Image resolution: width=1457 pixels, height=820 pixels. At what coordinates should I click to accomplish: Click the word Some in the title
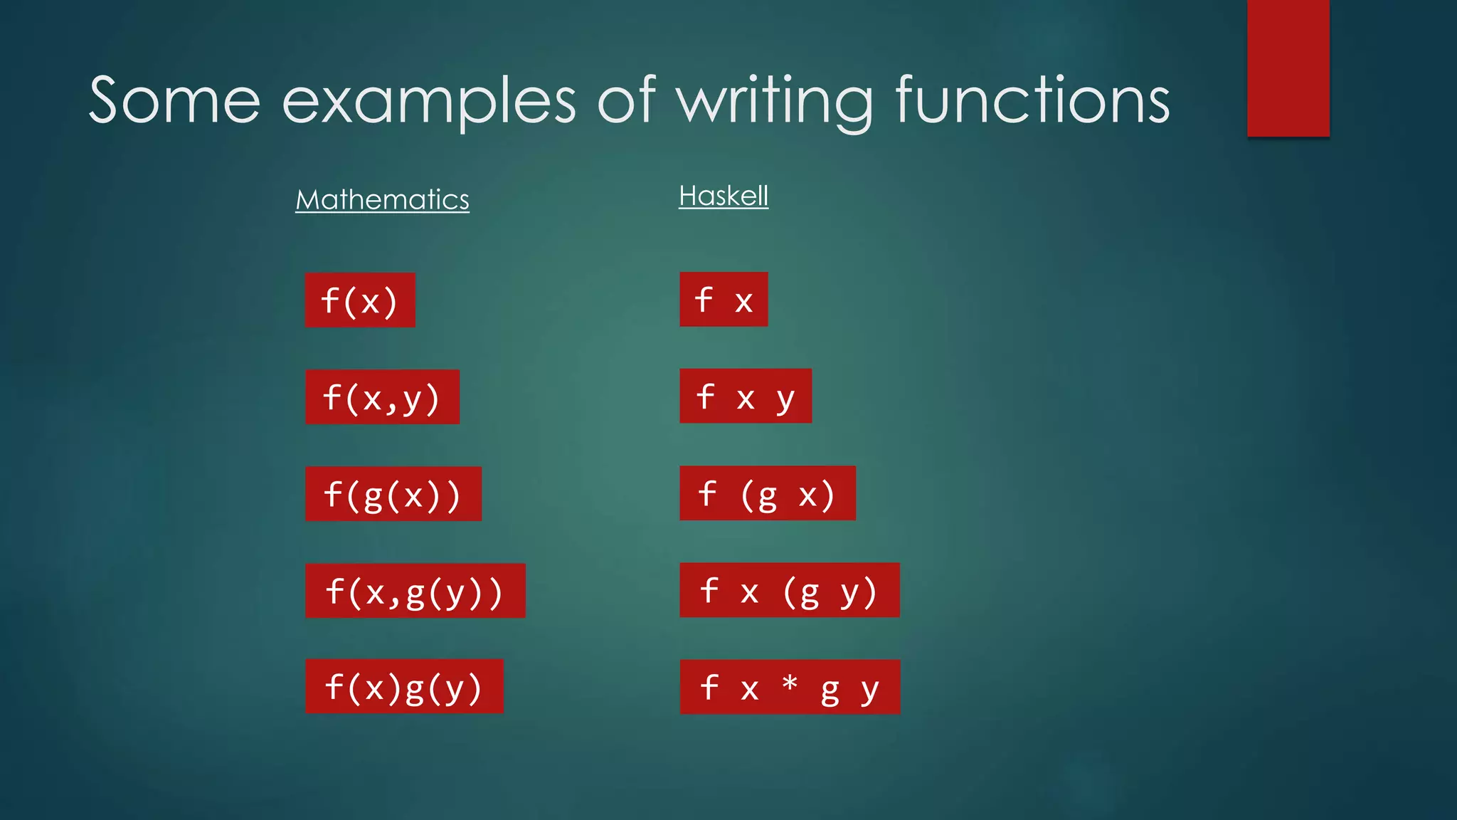[x=174, y=101]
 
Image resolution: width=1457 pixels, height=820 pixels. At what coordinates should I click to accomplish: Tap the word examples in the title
[x=428, y=101]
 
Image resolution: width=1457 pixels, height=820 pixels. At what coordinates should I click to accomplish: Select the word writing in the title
[x=773, y=101]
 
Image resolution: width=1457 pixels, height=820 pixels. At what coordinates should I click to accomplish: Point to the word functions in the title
[x=1032, y=101]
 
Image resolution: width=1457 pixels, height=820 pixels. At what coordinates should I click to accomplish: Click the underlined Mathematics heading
[x=382, y=199]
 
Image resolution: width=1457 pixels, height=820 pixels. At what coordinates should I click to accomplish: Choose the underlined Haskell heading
[x=724, y=196]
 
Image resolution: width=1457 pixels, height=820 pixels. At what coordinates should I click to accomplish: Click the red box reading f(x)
[x=360, y=300]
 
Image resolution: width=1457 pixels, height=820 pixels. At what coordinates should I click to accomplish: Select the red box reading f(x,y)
[x=382, y=397]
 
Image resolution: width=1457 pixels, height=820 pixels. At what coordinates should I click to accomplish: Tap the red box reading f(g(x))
[x=393, y=494]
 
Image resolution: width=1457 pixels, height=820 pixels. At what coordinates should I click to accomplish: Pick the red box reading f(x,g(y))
[x=415, y=591]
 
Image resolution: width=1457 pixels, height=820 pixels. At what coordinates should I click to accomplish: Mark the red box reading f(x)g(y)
[x=404, y=687]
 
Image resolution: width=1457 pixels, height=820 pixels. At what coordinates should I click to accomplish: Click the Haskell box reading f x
[x=724, y=300]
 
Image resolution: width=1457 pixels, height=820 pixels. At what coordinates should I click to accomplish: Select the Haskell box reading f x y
[x=746, y=396]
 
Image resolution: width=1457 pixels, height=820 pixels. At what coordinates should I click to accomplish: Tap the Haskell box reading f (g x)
[x=768, y=493]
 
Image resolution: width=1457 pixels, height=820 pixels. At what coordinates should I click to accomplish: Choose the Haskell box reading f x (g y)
[x=790, y=590]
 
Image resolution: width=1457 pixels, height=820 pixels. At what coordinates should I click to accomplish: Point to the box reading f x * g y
[x=790, y=687]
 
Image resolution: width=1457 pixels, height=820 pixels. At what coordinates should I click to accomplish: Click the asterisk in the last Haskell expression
[x=790, y=684]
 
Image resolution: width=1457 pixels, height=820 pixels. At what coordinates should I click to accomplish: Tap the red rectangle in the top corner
[x=1288, y=68]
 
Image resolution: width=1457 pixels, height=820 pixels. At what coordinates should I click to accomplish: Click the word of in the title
[x=625, y=101]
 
